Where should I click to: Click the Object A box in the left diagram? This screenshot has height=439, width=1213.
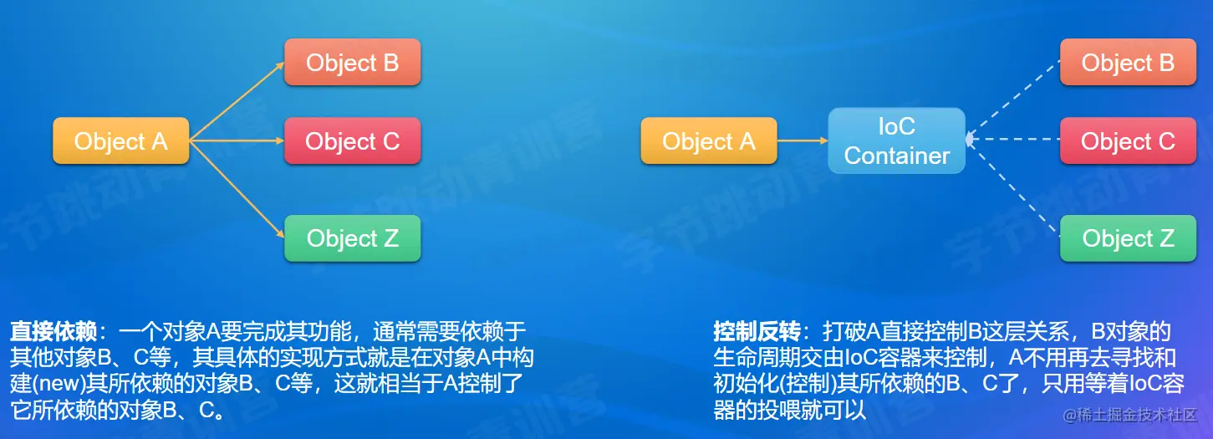click(120, 141)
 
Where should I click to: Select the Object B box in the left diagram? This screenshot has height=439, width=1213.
click(353, 62)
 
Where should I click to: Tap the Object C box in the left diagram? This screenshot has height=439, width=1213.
click(353, 141)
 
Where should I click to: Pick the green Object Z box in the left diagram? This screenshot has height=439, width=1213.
click(353, 238)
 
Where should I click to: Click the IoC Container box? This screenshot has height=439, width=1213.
click(897, 141)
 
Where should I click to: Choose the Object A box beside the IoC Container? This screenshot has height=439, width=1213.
click(709, 141)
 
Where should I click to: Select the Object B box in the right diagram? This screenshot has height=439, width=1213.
click(1128, 62)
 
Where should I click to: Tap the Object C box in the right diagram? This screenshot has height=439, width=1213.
click(1128, 141)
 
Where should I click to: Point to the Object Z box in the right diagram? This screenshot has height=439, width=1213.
click(1128, 238)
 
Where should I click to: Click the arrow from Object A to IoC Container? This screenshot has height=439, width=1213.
click(803, 141)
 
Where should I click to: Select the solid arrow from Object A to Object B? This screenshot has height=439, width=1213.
click(237, 101)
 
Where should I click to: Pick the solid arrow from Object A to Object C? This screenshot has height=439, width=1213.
click(237, 141)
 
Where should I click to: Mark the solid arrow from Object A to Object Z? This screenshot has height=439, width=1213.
click(237, 189)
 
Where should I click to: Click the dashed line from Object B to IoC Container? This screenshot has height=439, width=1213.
click(1013, 100)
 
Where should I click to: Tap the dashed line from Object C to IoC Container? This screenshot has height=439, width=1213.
click(1013, 140)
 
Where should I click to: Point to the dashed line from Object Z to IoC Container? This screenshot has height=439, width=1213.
click(1013, 187)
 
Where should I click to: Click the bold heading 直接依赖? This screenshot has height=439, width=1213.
click(54, 331)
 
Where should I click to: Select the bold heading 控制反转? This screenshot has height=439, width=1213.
click(757, 331)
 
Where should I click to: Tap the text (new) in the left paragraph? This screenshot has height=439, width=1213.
click(59, 384)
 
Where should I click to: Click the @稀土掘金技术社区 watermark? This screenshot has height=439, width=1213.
click(1130, 415)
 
